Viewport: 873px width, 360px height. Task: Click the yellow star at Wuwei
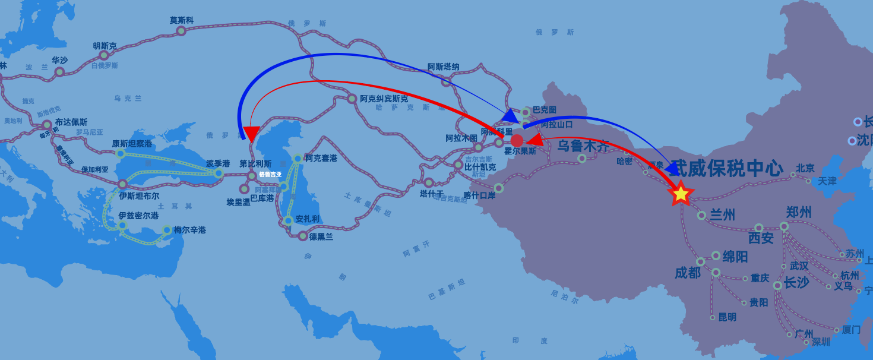(x=681, y=194)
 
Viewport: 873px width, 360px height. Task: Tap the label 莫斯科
(x=182, y=20)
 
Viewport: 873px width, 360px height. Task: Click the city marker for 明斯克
(x=104, y=55)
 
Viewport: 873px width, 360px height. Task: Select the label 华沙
(x=59, y=60)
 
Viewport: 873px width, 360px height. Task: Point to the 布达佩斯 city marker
(x=47, y=125)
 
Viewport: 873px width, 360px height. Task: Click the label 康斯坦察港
(x=132, y=144)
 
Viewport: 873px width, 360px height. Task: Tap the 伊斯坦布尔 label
(x=139, y=196)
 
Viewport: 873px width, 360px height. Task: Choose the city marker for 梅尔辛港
(x=167, y=230)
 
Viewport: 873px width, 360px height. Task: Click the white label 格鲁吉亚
(x=270, y=175)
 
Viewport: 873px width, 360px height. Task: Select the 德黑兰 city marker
(x=303, y=236)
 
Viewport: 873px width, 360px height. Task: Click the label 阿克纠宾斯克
(x=384, y=99)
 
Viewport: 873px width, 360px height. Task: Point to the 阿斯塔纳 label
(x=443, y=67)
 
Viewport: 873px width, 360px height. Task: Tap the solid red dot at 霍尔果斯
(x=517, y=141)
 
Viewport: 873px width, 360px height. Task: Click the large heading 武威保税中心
(x=727, y=168)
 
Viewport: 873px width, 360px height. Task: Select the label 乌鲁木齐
(x=583, y=145)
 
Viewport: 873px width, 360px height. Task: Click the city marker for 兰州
(x=701, y=215)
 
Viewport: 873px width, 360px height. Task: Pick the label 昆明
(x=727, y=317)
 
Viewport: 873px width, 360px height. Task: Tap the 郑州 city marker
(x=784, y=226)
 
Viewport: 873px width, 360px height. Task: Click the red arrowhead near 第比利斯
(x=251, y=134)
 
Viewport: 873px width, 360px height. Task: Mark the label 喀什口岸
(x=479, y=195)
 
